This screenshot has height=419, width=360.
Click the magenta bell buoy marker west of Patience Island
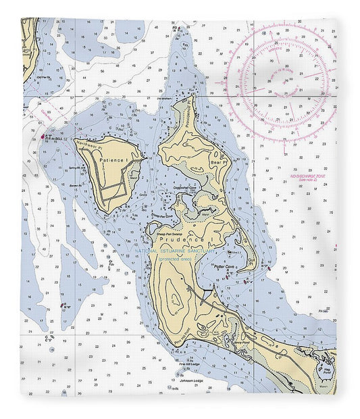point(44,137)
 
